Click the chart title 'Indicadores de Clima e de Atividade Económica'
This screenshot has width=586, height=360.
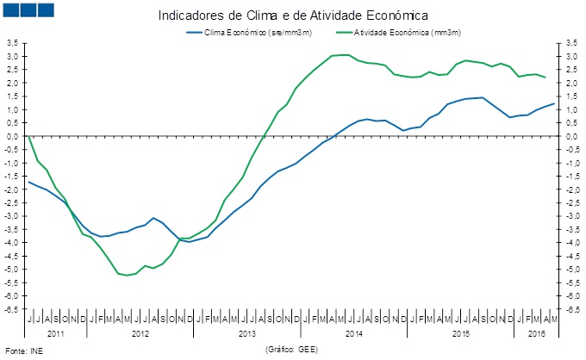[x=293, y=16]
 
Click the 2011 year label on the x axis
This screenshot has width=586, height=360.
[x=56, y=332]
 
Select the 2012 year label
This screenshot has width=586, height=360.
[x=140, y=332]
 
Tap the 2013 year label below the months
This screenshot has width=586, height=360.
[x=246, y=332]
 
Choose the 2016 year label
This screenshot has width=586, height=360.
[x=534, y=332]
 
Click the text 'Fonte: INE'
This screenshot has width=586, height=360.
[x=23, y=351]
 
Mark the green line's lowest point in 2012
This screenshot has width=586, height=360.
[x=128, y=276]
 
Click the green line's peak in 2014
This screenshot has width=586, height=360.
[x=344, y=55]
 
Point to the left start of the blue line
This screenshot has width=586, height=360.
[x=29, y=182]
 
